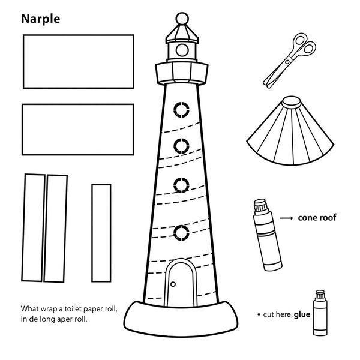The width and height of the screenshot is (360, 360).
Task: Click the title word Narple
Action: click(x=41, y=19)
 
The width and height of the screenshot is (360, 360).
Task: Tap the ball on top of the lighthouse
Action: click(x=182, y=19)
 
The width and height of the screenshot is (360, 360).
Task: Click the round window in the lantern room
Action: click(x=182, y=50)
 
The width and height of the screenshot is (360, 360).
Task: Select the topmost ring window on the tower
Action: click(x=181, y=110)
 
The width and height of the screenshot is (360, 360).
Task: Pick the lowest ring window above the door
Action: click(x=181, y=233)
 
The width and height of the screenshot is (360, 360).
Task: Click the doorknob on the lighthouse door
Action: click(x=173, y=284)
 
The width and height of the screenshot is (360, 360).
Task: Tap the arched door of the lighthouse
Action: click(x=181, y=283)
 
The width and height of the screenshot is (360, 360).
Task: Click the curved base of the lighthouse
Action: click(x=181, y=319)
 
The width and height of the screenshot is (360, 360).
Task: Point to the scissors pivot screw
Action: click(x=287, y=62)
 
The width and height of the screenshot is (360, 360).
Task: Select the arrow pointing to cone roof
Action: click(x=287, y=218)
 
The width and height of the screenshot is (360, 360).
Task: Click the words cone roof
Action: click(x=317, y=218)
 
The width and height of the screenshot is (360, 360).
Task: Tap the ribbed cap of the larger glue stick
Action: click(x=261, y=205)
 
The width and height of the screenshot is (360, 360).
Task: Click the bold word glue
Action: click(x=302, y=314)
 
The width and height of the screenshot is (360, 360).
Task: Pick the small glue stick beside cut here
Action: click(x=320, y=313)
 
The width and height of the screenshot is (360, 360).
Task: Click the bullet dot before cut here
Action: click(x=259, y=314)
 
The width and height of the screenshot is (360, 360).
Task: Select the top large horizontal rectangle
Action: click(x=79, y=62)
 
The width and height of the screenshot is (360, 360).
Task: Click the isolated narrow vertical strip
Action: click(x=101, y=233)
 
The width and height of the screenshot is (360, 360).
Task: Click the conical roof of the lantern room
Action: click(x=182, y=33)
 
